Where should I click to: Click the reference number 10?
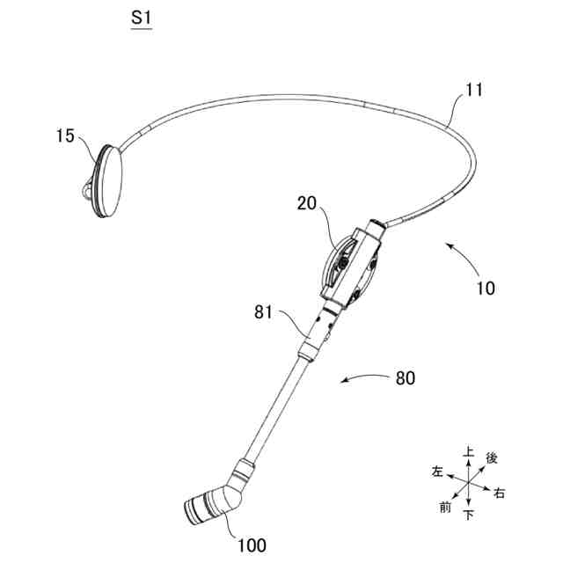coord(486,287)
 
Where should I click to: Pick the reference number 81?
coord(264,312)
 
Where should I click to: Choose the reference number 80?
coord(406,378)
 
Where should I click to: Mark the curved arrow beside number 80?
coord(363,379)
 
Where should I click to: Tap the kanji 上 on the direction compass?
coord(469,452)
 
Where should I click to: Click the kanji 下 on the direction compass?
coord(468,514)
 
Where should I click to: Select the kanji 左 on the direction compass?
coord(437,471)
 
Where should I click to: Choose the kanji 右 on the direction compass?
coord(500,493)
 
